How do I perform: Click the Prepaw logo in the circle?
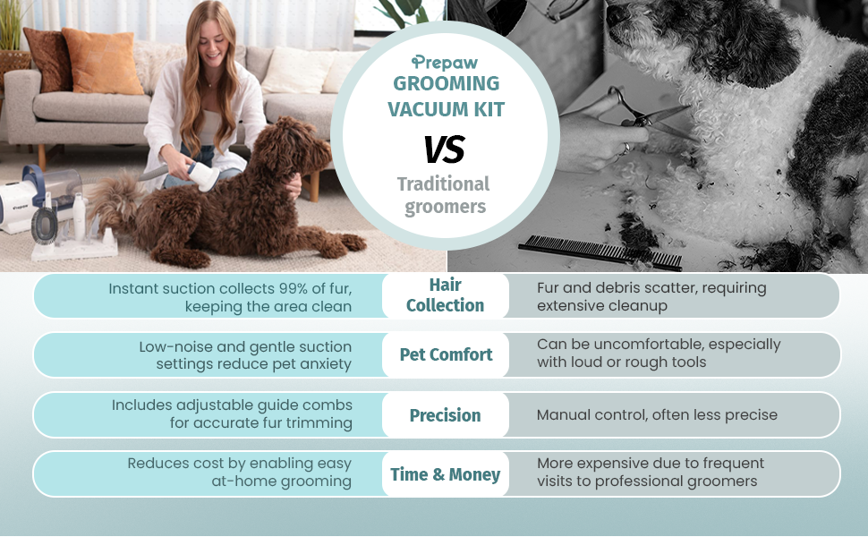tap(445, 62)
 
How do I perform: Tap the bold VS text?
tap(445, 150)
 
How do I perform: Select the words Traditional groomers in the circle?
tap(444, 195)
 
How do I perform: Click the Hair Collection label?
tap(445, 294)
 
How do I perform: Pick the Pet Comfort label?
tap(446, 354)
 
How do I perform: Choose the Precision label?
tap(445, 415)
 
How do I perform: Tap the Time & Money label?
tap(445, 474)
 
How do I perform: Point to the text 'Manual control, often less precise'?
tap(657, 415)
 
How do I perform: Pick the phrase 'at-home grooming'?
tap(275, 481)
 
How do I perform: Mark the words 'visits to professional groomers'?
tap(647, 481)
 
